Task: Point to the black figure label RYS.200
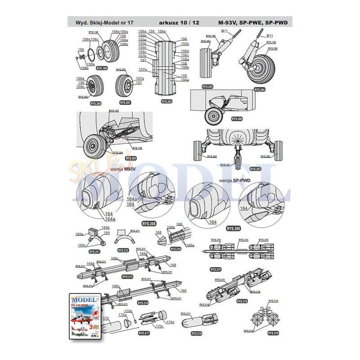point(95,103)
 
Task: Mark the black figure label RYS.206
point(237,119)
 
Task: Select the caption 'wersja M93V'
point(123,171)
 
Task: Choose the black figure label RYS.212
point(123,250)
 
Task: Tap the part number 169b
point(106,228)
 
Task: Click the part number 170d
point(170,322)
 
